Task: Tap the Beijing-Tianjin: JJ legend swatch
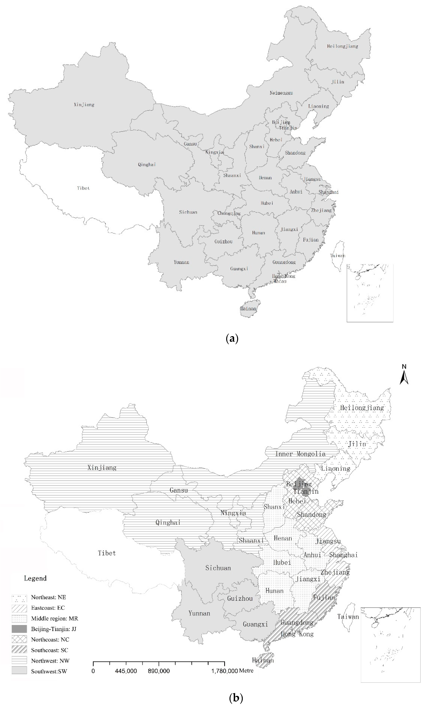pos(19,629)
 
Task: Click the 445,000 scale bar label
pos(126,671)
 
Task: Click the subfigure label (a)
pos(232,338)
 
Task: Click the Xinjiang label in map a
pos(84,105)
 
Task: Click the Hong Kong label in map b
pos(297,634)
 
